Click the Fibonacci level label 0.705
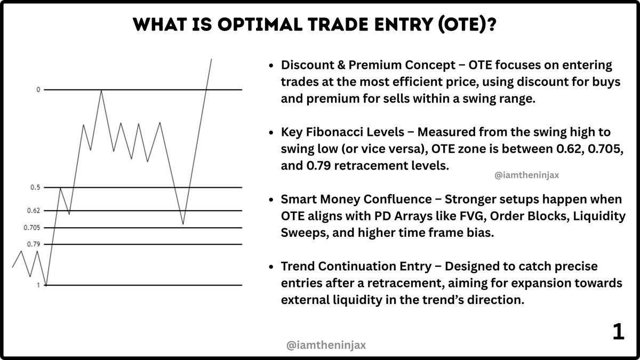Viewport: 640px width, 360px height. [31, 228]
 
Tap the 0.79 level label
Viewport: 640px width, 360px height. [34, 244]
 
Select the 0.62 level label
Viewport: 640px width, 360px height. [34, 211]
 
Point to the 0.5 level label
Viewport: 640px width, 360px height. [35, 187]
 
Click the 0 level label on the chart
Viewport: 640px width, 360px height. [38, 90]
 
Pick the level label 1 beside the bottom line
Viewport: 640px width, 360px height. [38, 285]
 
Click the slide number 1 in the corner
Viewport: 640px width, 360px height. [619, 332]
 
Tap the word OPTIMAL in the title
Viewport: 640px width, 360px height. [260, 25]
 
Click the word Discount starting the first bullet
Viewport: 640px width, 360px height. [307, 65]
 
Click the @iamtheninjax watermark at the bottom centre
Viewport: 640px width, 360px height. [326, 345]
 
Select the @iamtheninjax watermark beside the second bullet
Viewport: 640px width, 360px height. [526, 175]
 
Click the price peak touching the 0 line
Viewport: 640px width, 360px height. [101, 90]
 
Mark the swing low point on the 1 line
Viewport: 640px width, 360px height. [46, 285]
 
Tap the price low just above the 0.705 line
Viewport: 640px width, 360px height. [183, 224]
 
